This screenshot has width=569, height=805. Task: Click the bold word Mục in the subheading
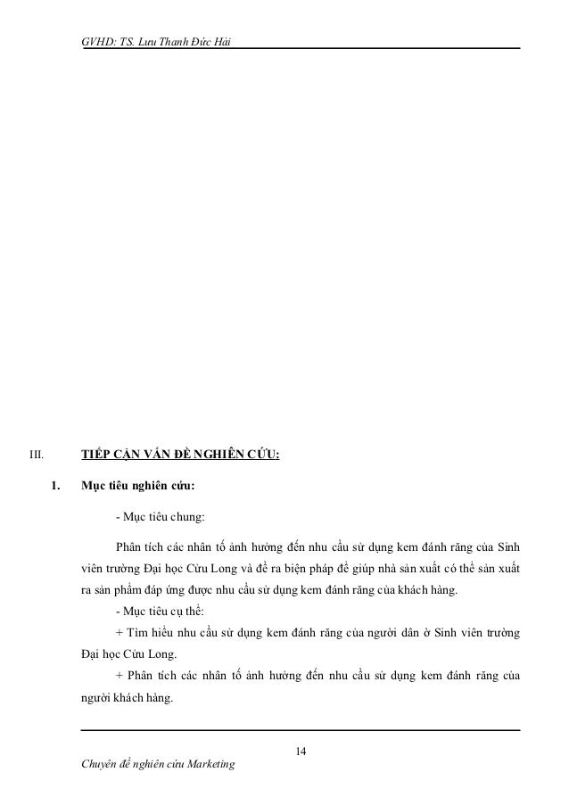click(93, 487)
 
